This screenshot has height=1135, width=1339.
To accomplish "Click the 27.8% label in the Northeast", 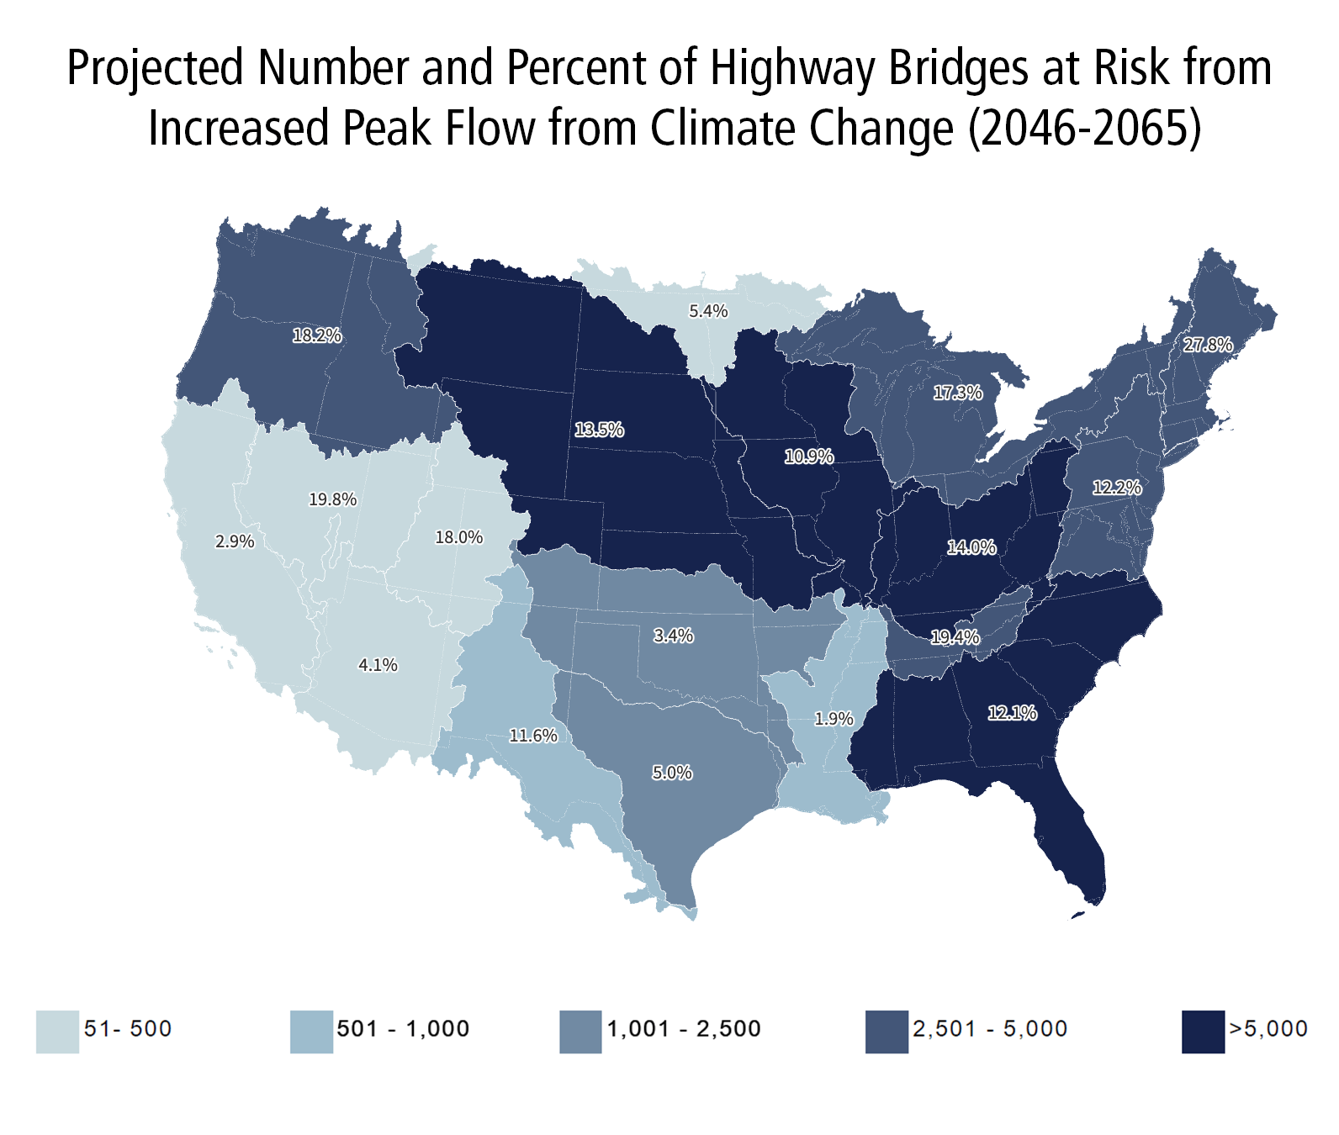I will pyautogui.click(x=1208, y=345).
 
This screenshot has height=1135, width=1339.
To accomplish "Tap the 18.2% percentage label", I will pyautogui.click(x=317, y=336).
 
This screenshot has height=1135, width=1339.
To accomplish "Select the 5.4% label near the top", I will pyautogui.click(x=708, y=312).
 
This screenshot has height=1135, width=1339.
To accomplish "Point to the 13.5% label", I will pyautogui.click(x=599, y=430).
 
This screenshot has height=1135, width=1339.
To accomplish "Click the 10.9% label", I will pyautogui.click(x=809, y=457).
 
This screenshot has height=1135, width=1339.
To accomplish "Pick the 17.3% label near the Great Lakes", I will pyautogui.click(x=957, y=393).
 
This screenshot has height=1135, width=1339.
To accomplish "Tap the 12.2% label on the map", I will pyautogui.click(x=1117, y=488).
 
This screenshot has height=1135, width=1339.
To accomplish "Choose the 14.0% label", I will pyautogui.click(x=971, y=548).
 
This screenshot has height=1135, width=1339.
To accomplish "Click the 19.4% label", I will pyautogui.click(x=955, y=638).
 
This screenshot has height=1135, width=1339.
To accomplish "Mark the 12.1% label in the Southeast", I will pyautogui.click(x=1012, y=714).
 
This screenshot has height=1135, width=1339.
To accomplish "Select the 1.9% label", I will pyautogui.click(x=834, y=719).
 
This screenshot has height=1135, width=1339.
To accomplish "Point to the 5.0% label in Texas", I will pyautogui.click(x=672, y=773).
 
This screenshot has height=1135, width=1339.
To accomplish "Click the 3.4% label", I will pyautogui.click(x=674, y=636).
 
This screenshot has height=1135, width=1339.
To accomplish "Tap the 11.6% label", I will pyautogui.click(x=533, y=736).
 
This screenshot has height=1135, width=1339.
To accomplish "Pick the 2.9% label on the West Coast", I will pyautogui.click(x=235, y=542).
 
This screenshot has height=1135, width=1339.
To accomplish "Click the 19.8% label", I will pyautogui.click(x=332, y=500).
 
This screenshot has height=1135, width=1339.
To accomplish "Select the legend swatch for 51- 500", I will pyautogui.click(x=57, y=1032).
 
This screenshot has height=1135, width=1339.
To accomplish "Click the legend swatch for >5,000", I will pyautogui.click(x=1203, y=1032).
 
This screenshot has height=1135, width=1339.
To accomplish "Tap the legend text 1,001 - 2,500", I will pyautogui.click(x=684, y=1029).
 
